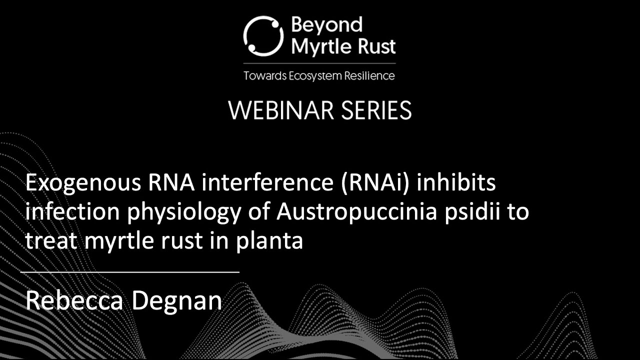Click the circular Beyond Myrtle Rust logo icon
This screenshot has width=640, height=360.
(x=263, y=34)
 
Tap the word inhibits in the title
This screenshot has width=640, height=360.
(x=456, y=183)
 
